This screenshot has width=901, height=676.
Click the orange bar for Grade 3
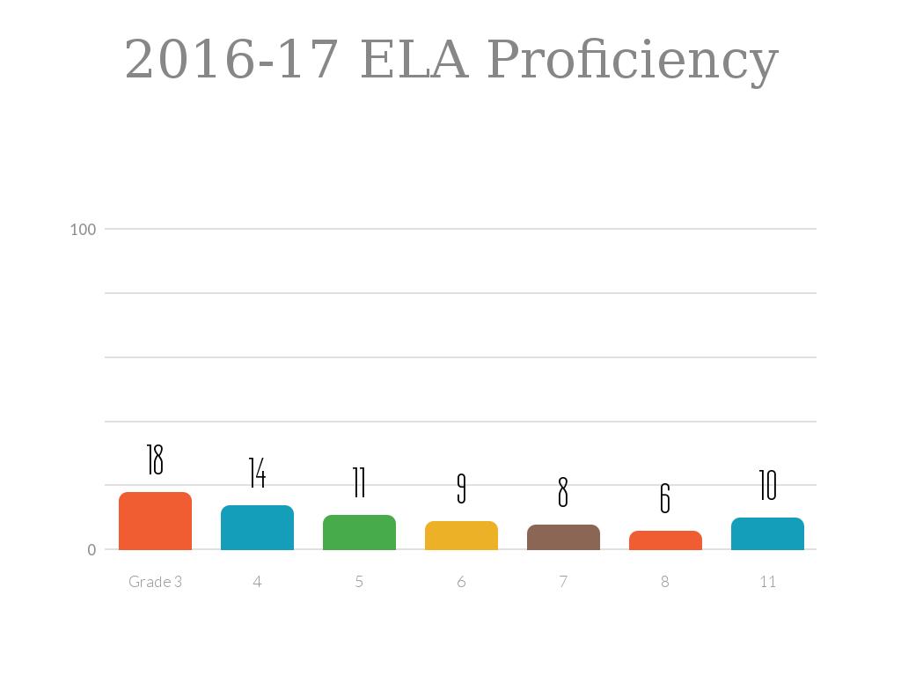pos(155,521)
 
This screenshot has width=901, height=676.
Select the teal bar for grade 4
pos(257,528)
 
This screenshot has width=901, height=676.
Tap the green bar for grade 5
pos(359,533)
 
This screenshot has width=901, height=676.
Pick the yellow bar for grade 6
pos(461,536)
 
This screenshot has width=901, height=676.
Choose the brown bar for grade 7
pos(563,538)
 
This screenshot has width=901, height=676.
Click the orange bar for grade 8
pos(665,540)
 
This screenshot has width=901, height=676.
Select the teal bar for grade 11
pos(767,534)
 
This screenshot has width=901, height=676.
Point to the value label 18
pos(155,459)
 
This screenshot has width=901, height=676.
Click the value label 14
pos(257,473)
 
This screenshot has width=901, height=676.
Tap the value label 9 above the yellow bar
pos(461,489)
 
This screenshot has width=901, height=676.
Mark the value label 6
pos(665,498)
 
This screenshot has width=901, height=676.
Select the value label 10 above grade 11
pos(767,485)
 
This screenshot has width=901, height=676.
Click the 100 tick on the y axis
pos(83,230)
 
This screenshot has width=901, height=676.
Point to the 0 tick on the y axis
pos(92,550)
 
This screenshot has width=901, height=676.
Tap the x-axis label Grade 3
pos(155,582)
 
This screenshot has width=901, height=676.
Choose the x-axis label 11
pos(767,582)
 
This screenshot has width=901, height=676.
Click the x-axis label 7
pos(563,582)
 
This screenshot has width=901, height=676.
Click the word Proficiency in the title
pos(633,62)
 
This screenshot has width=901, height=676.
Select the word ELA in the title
pos(414,60)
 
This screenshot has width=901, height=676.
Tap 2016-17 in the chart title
pos(232,60)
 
